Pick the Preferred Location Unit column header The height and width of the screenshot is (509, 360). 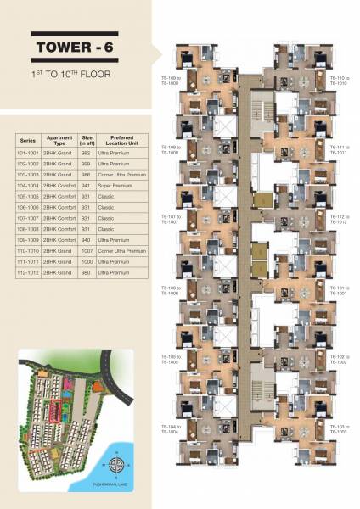[115, 141]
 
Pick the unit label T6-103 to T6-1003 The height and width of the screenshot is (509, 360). [339, 428]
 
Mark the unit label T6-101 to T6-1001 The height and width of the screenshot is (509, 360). [339, 290]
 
